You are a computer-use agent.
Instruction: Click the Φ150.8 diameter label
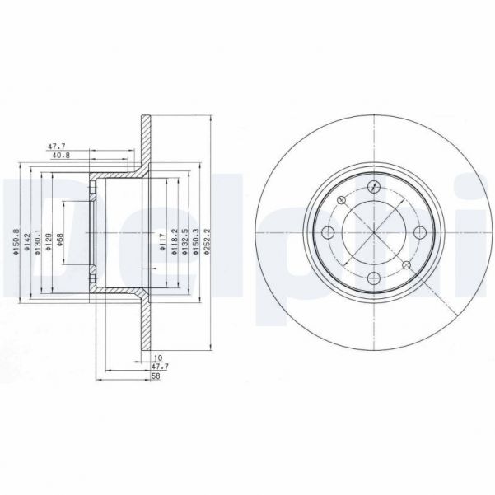coord(15,241)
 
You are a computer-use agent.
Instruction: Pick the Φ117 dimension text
coord(161,240)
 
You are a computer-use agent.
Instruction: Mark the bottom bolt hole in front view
coord(373,278)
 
